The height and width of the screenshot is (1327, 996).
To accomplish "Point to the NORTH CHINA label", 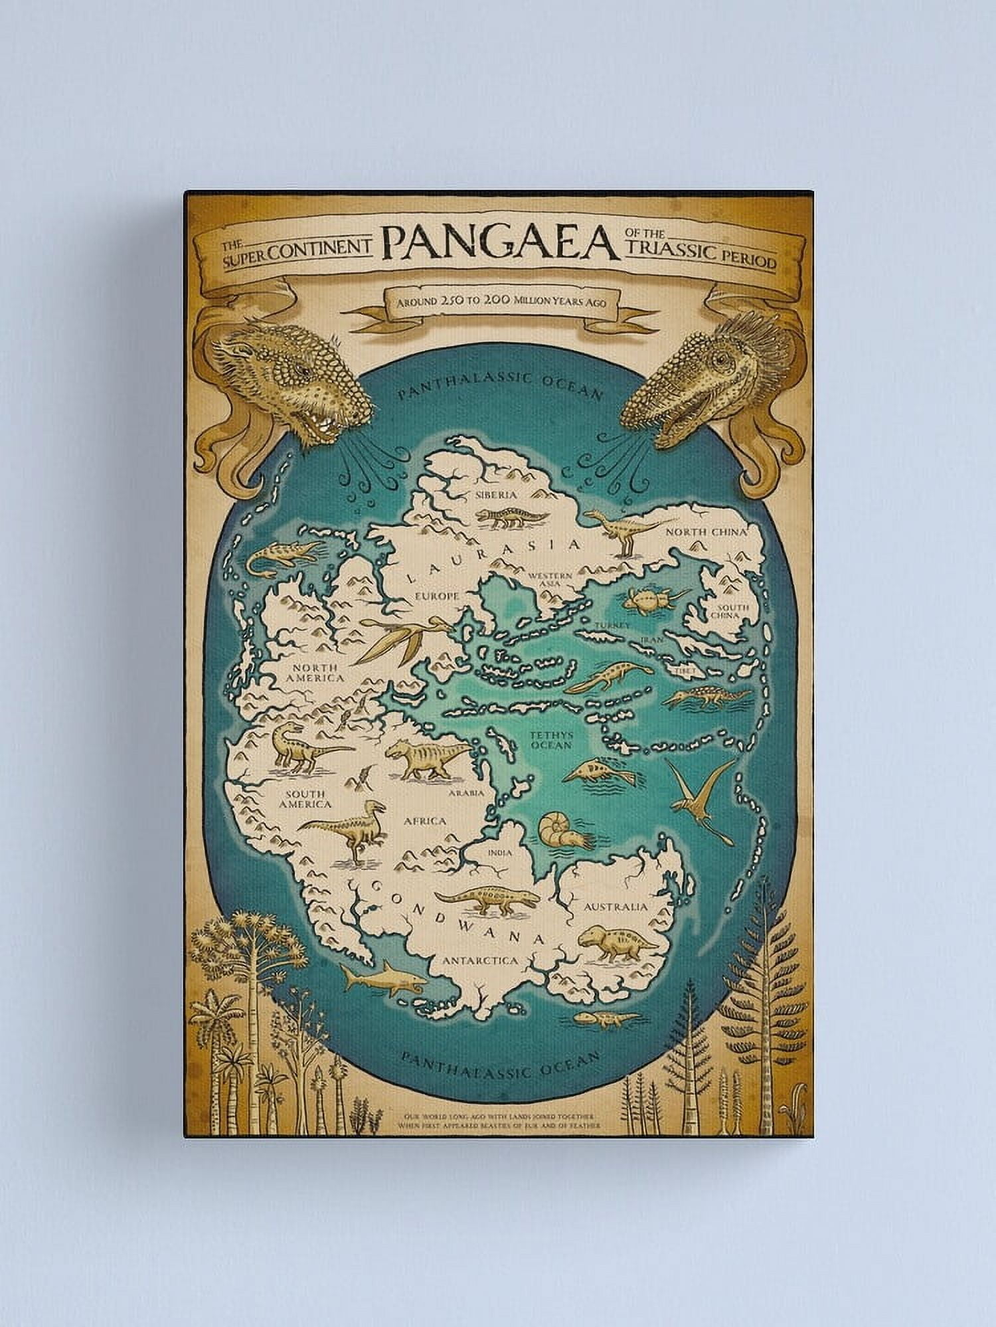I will click(x=706, y=532).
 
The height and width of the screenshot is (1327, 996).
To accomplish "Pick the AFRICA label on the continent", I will click(x=424, y=821).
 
